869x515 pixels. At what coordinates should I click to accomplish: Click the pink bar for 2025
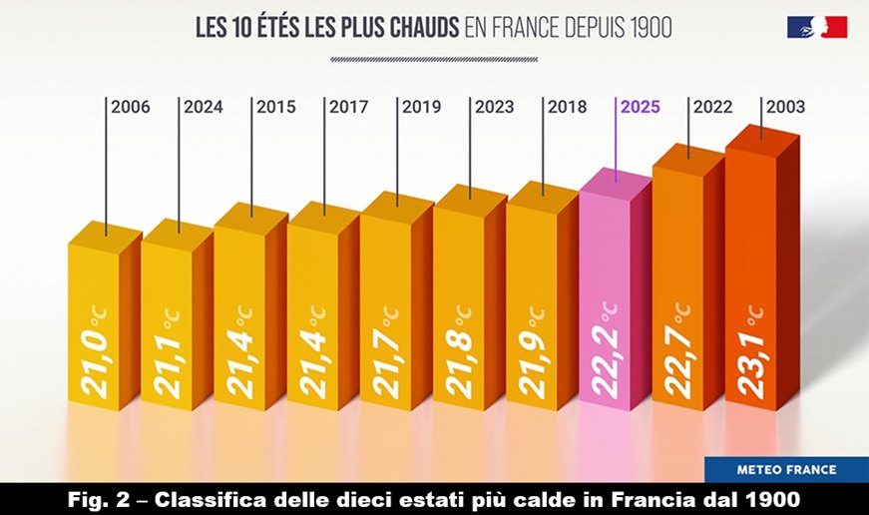click(609, 299)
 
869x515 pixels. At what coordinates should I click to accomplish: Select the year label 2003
click(785, 107)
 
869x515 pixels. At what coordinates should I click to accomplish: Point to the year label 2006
click(130, 107)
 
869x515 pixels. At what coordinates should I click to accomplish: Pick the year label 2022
click(712, 107)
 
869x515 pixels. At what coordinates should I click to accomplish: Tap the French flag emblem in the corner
click(818, 28)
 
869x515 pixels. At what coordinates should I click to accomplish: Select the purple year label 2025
click(640, 107)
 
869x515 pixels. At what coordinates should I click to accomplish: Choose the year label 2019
click(421, 107)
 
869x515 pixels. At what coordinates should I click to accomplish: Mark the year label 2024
click(203, 107)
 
